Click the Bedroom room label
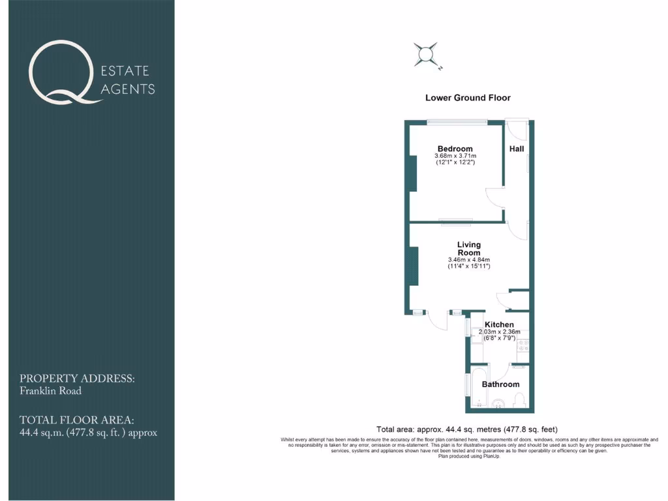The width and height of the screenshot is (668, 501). pos(455,149)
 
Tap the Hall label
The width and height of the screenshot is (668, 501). pos(517,149)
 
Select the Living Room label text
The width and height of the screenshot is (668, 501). pos(469,249)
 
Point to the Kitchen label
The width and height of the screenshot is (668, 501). pos(499,324)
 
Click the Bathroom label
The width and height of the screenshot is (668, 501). pos(500,384)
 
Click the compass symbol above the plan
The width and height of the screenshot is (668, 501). pos(427,55)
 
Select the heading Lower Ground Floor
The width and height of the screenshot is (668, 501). pos(468,98)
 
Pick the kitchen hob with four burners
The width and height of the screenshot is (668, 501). pos(523,344)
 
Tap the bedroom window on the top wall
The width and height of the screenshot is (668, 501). pos(457,121)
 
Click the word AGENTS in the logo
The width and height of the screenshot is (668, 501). pos(128,89)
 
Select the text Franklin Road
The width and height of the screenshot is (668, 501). pos(50,391)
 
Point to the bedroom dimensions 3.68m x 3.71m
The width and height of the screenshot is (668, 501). pos(455,156)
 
